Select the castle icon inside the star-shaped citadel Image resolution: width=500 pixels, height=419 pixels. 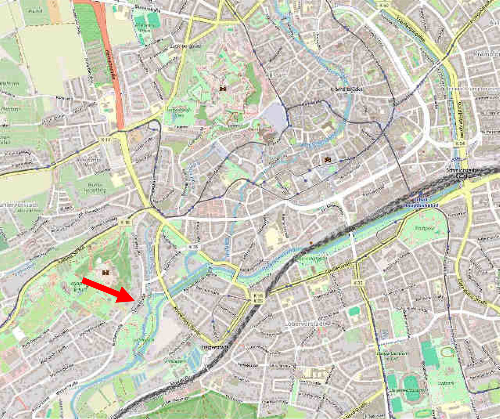coord(223,88)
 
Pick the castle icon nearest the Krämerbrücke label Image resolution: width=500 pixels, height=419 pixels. coord(328,160)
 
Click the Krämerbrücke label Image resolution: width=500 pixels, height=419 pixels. coord(346,89)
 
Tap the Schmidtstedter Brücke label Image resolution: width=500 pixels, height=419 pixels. coord(463,172)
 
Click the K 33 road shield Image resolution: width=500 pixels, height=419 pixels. coord(359,282)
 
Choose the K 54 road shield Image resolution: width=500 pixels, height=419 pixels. coord(460,143)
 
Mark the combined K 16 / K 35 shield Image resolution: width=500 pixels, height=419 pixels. coord(258,298)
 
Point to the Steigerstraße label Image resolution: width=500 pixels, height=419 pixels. coord(215,347)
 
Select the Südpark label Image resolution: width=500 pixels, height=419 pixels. coord(445,383)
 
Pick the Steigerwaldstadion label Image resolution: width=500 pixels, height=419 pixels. coord(408,391)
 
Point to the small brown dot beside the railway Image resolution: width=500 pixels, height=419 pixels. coord(311,243)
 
